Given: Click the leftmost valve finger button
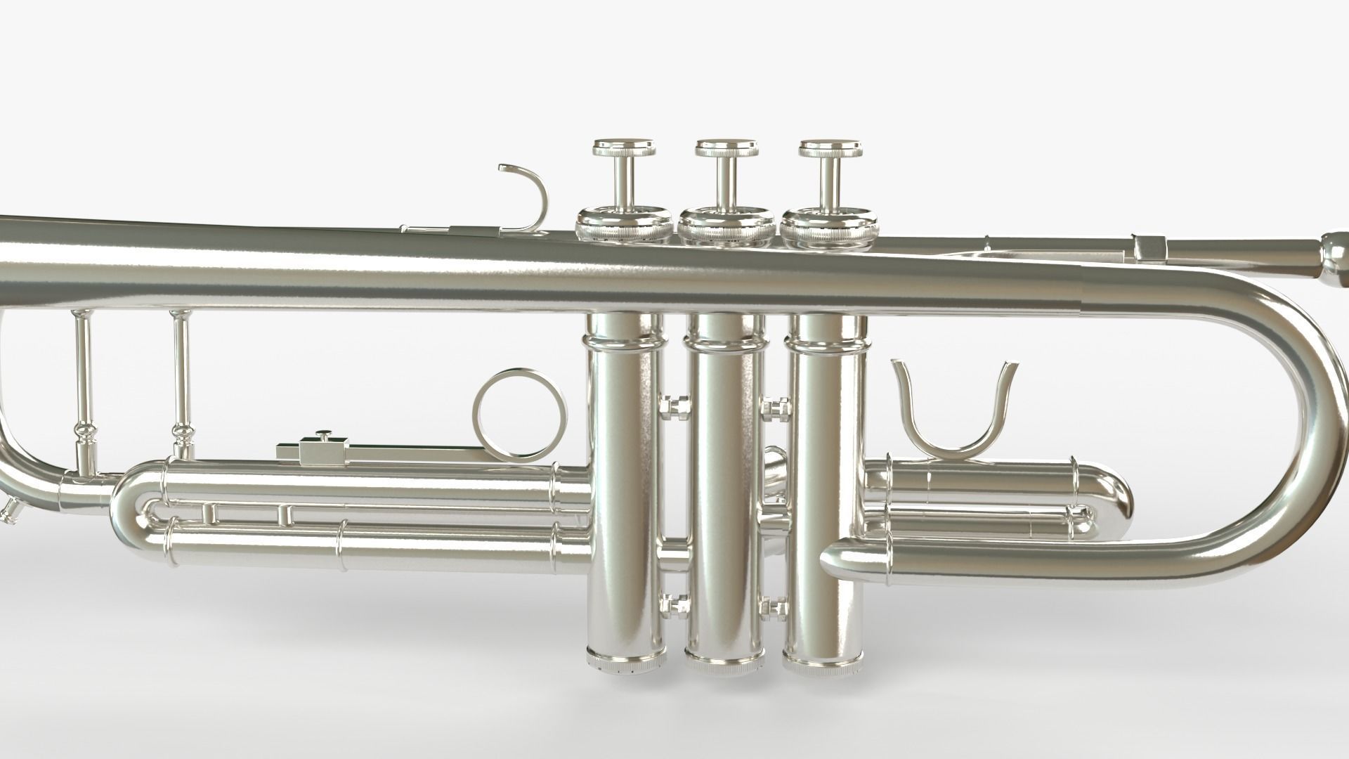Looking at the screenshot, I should tap(625, 148).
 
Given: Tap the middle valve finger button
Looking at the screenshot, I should tap(728, 148).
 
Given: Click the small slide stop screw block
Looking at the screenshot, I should tap(322, 447).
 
